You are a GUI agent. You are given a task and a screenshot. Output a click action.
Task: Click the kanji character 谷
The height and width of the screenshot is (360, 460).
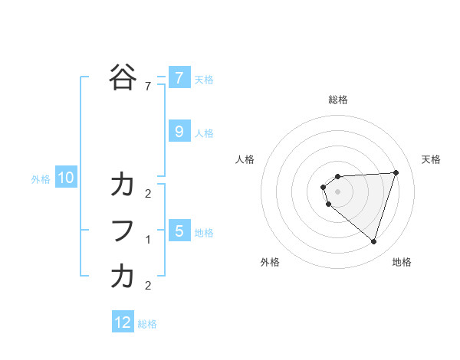(x=123, y=77)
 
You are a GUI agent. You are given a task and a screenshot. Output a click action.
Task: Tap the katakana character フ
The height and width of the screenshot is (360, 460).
(x=123, y=231)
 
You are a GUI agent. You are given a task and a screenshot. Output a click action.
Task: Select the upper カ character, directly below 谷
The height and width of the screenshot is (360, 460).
(x=123, y=185)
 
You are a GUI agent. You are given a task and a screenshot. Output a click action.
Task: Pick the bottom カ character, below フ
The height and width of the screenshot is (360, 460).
(x=123, y=277)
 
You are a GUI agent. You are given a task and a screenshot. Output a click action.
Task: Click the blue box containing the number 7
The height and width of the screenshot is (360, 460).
(x=179, y=77)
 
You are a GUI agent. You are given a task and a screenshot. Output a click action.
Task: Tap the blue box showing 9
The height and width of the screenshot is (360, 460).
(x=179, y=132)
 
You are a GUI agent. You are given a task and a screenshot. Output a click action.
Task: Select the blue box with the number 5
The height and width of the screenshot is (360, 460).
(x=179, y=231)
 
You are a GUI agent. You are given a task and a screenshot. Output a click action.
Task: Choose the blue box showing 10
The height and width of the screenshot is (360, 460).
(x=66, y=178)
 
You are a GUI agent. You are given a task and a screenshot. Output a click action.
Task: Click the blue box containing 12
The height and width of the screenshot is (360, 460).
(x=123, y=322)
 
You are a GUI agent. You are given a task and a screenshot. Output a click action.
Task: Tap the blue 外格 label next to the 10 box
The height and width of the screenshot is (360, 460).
(x=41, y=179)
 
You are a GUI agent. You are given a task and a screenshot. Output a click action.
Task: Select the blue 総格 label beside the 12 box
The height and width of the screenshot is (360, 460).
(x=147, y=324)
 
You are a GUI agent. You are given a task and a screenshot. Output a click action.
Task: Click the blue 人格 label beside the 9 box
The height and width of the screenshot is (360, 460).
(x=204, y=133)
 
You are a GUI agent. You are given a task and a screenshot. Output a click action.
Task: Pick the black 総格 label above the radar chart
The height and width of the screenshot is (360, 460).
(x=338, y=100)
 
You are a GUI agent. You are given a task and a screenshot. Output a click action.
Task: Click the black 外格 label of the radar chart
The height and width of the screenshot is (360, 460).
(x=270, y=262)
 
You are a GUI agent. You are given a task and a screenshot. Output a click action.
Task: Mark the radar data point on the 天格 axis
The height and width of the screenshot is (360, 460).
(x=396, y=172)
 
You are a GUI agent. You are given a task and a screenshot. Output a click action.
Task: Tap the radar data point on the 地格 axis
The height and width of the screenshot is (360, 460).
(x=373, y=242)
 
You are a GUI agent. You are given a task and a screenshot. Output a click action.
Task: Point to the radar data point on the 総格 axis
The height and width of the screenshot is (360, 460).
(x=338, y=176)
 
